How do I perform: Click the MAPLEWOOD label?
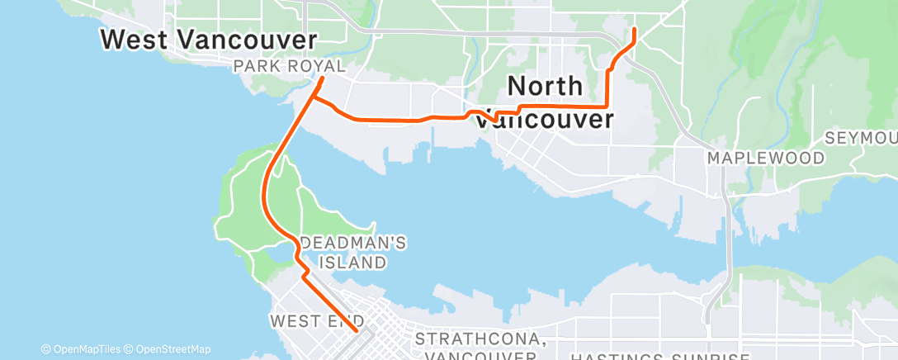pyautogui.click(x=766, y=158)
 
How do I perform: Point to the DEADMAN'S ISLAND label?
pyautogui.click(x=343, y=253)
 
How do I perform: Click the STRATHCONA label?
pyautogui.click(x=479, y=339)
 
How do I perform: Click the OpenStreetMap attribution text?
pyautogui.click(x=170, y=348)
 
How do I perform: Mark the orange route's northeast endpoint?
pyautogui.click(x=634, y=30)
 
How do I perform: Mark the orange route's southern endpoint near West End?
pyautogui.click(x=356, y=330)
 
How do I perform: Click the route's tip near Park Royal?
pyautogui.click(x=321, y=79)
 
